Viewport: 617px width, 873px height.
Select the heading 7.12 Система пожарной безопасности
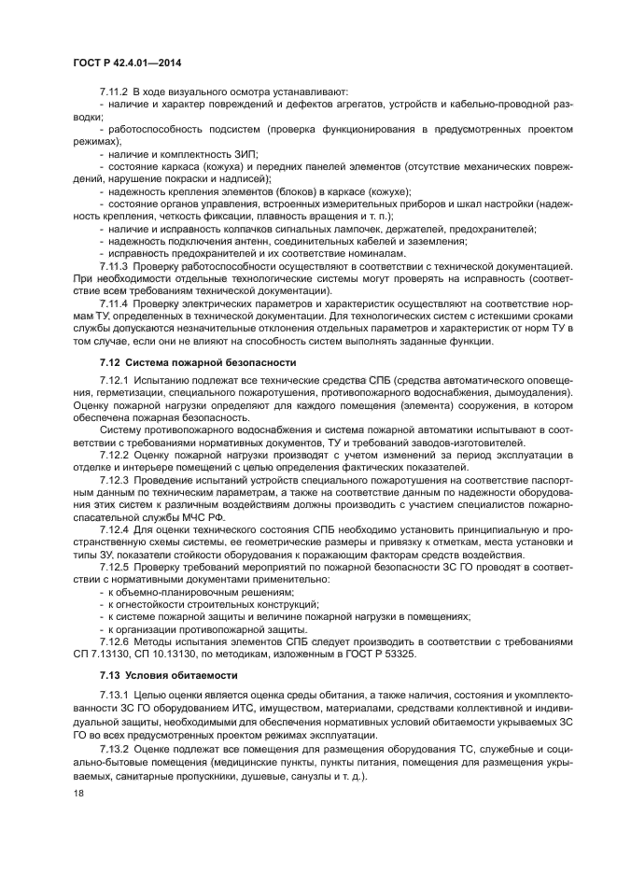click(198, 361)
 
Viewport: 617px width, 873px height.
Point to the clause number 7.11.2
click(113, 92)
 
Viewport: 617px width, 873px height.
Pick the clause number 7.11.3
click(113, 266)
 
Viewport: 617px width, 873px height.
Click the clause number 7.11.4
click(113, 303)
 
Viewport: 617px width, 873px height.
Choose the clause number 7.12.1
click(113, 381)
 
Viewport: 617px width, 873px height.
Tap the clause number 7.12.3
click(113, 479)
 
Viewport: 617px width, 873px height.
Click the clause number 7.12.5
click(113, 566)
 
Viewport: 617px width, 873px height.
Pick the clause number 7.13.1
click(113, 696)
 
